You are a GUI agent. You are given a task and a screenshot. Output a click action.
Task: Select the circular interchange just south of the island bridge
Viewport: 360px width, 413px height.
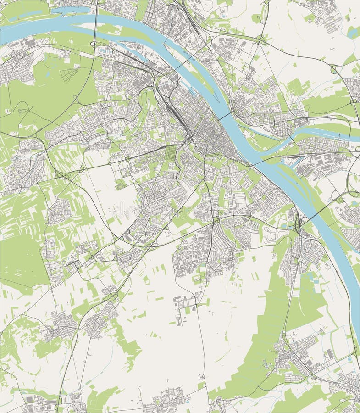pyautogui.click(x=94, y=44)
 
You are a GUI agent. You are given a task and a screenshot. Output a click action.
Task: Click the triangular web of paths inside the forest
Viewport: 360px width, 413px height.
pyautogui.click(x=68, y=74)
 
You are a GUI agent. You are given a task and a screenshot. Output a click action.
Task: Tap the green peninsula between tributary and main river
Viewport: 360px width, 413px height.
pyautogui.click(x=275, y=142)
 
